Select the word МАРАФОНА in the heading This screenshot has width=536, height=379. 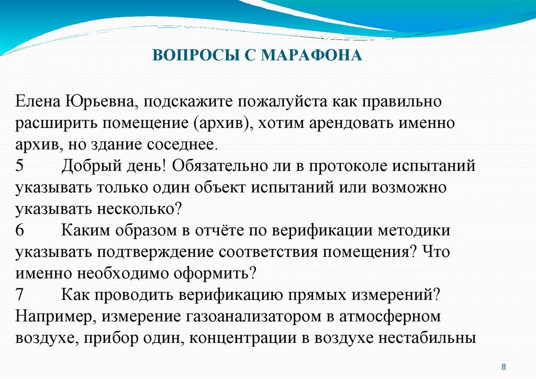(x=312, y=55)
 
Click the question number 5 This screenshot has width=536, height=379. (x=20, y=166)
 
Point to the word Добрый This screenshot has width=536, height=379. (x=88, y=166)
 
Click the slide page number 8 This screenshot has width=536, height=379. (x=504, y=366)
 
